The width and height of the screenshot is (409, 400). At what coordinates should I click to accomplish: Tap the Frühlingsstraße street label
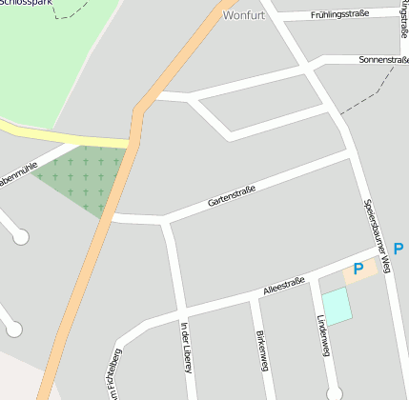338,15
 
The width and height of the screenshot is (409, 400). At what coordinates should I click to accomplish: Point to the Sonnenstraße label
383,59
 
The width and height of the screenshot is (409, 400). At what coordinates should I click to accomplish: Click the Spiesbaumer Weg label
378,236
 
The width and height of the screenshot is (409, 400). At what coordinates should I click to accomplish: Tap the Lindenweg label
324,336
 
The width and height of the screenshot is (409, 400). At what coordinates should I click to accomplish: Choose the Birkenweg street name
262,351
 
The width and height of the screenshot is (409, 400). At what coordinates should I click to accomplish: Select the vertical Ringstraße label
404,24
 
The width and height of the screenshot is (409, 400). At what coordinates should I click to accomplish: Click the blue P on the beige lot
358,270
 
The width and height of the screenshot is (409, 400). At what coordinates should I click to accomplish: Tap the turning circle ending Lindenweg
334,392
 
